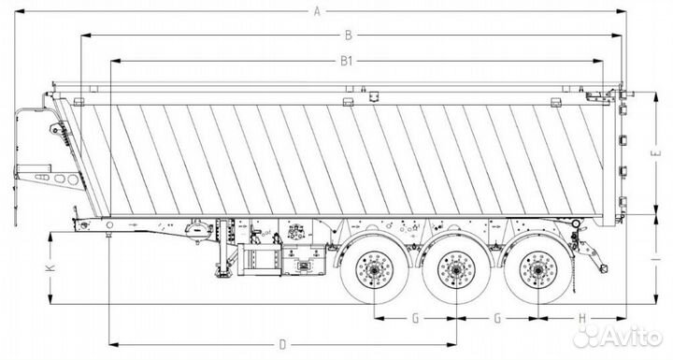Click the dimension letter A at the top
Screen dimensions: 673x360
[317, 11]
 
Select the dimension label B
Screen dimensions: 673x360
[349, 36]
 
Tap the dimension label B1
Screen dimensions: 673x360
[347, 61]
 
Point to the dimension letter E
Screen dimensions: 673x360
[657, 152]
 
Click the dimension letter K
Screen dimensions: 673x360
[50, 267]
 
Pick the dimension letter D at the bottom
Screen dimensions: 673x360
[282, 344]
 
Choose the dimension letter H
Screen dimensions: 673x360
[582, 318]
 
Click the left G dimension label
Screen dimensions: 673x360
[415, 318]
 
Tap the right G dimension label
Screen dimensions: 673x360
[497, 318]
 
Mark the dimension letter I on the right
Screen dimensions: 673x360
[657, 259]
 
